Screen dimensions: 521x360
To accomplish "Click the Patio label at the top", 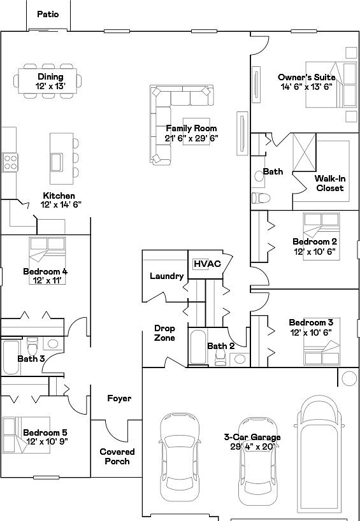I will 48,14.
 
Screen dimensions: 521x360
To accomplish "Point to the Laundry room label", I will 166,276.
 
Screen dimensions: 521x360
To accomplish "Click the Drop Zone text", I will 164,333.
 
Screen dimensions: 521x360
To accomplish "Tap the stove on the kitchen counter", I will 10,161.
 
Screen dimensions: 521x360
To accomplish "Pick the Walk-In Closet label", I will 329,183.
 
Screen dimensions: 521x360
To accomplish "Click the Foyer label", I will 119,399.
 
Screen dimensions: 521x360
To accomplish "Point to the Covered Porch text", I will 117,457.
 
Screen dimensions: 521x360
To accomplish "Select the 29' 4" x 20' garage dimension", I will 252,447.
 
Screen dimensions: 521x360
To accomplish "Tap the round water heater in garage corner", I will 349,378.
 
